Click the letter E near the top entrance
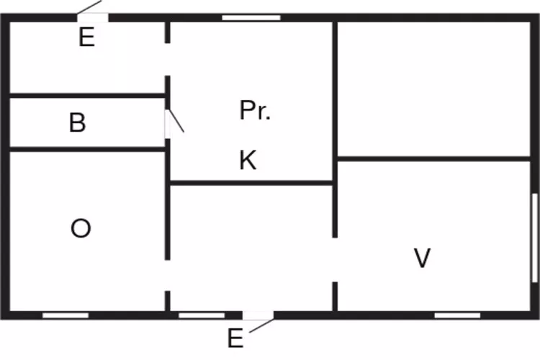pyautogui.click(x=86, y=38)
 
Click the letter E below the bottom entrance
pyautogui.click(x=235, y=338)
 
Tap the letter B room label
pyautogui.click(x=77, y=123)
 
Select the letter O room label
pyautogui.click(x=81, y=229)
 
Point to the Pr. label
pyautogui.click(x=255, y=111)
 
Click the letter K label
pyautogui.click(x=248, y=161)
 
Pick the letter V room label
pyautogui.click(x=422, y=258)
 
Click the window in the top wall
pyautogui.click(x=251, y=17)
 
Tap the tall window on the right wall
pyautogui.click(x=534, y=238)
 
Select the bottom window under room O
pyautogui.click(x=66, y=315)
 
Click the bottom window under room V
pyautogui.click(x=457, y=315)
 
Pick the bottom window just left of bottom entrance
pyautogui.click(x=202, y=315)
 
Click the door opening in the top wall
pyautogui.click(x=92, y=17)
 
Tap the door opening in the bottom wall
pyautogui.click(x=258, y=315)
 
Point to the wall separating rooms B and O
pyautogui.click(x=86, y=149)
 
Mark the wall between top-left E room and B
pyautogui.click(x=86, y=94)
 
